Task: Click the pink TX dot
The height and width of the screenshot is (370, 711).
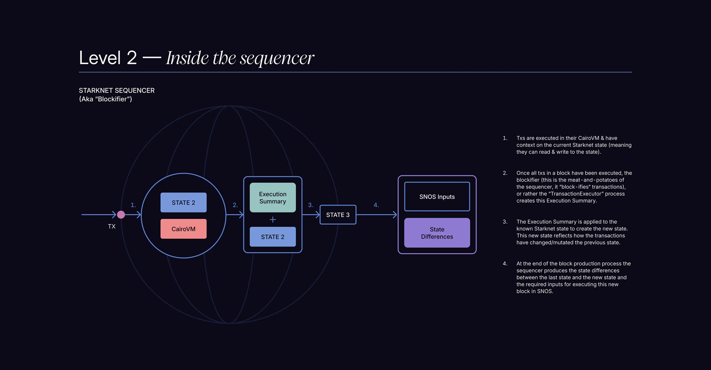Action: click(121, 214)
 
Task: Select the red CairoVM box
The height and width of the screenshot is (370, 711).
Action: click(183, 229)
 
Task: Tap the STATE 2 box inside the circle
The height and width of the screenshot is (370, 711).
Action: click(183, 202)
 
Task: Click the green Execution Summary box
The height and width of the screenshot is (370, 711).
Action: click(273, 198)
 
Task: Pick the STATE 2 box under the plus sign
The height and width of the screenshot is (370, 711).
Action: click(273, 237)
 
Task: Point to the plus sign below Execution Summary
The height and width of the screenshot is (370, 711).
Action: click(273, 220)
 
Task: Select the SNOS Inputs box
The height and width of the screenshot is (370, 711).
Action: click(437, 197)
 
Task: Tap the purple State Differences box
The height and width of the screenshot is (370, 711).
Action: click(437, 233)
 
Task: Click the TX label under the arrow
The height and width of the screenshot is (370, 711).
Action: click(111, 227)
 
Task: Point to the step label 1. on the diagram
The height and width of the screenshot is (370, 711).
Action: click(133, 205)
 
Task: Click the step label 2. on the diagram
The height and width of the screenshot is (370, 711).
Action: click(235, 205)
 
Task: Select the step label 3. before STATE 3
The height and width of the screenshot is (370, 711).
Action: click(310, 205)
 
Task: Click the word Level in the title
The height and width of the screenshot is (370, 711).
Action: click(100, 58)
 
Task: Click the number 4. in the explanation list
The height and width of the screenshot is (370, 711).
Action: click(505, 263)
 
